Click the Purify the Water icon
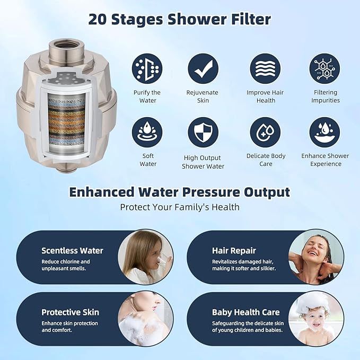147,69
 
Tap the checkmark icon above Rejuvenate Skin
203,69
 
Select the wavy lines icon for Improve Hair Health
265,69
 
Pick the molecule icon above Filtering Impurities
324,69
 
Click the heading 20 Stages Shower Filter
179,20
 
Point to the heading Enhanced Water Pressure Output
180,192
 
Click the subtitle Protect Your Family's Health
180,207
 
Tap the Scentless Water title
72,251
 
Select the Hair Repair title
234,251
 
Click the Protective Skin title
70,312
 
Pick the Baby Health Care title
245,312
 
